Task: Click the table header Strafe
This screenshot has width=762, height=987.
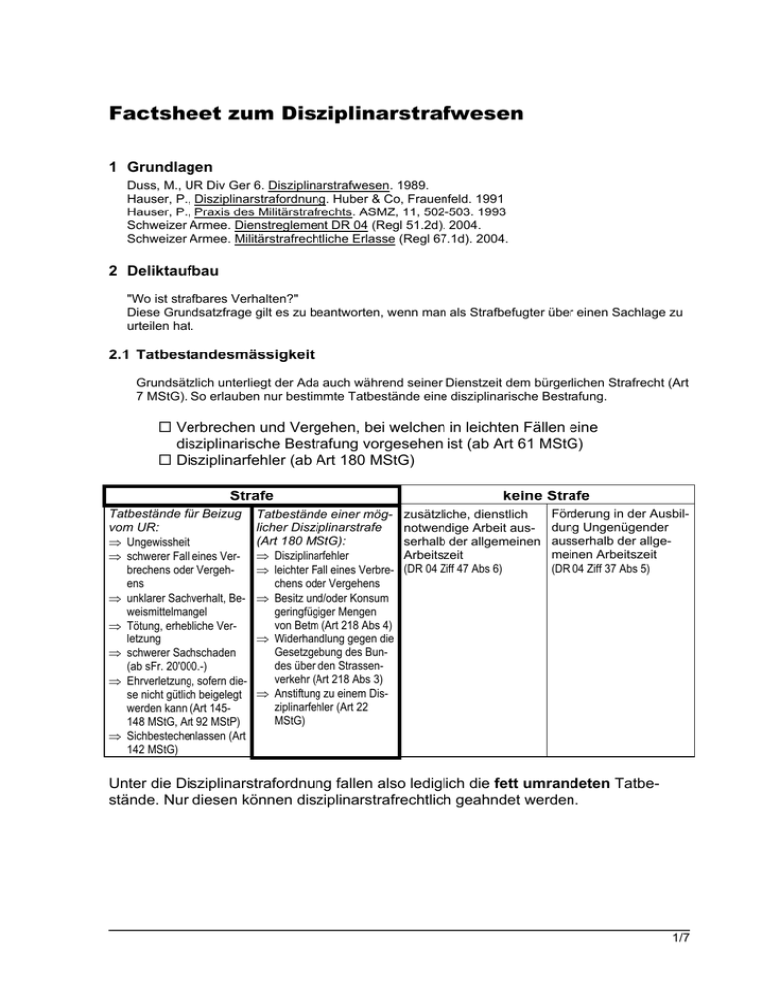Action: [251, 494]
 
